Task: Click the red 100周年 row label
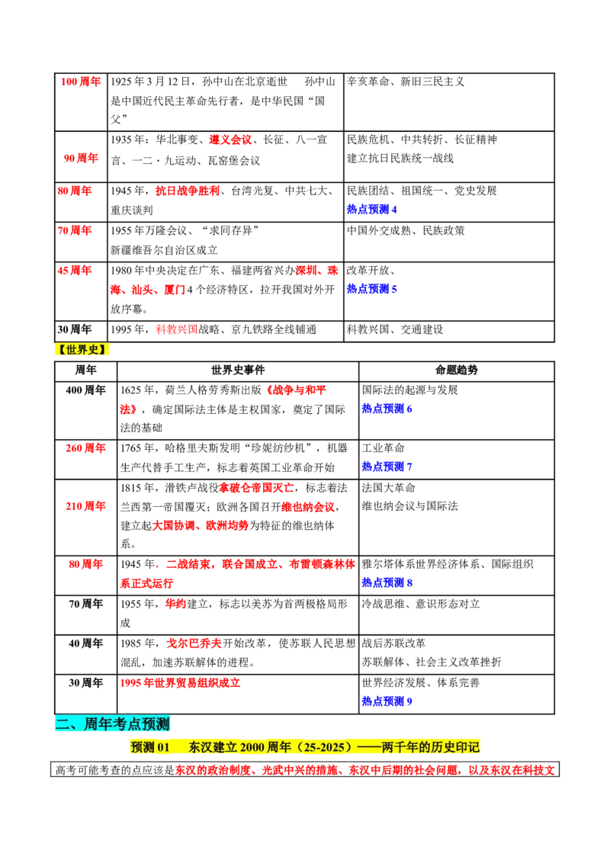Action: (81, 82)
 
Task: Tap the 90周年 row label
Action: (81, 159)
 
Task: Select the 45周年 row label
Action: (75, 271)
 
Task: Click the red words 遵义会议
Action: (230, 140)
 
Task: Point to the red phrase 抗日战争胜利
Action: (187, 191)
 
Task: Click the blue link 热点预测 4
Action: (371, 210)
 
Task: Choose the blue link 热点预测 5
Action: (371, 289)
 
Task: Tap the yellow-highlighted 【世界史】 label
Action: (82, 349)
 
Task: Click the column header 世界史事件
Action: (238, 371)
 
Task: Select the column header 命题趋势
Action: (457, 371)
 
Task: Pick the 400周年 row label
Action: (85, 390)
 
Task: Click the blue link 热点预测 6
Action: (387, 409)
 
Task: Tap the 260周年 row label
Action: (85, 448)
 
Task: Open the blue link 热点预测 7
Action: (387, 467)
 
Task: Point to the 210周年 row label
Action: (85, 506)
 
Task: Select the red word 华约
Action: (175, 604)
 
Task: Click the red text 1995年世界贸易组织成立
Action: (180, 683)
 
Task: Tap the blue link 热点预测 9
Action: (387, 701)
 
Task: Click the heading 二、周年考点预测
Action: (112, 723)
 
